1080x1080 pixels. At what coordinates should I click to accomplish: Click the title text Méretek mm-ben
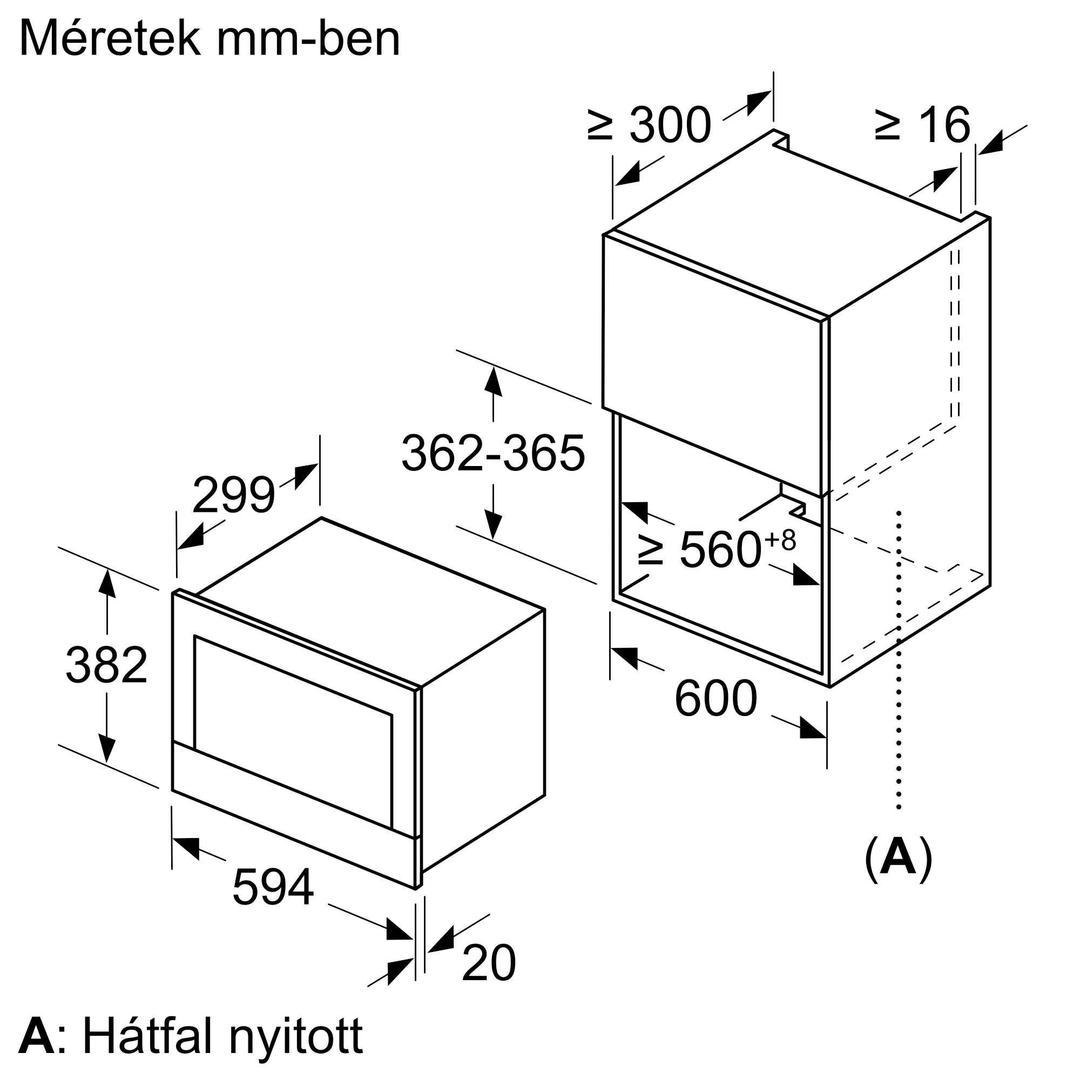(210, 39)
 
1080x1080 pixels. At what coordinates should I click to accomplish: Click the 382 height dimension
(106, 665)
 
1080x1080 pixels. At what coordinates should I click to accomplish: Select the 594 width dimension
(273, 887)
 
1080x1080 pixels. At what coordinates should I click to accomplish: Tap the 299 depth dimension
(234, 495)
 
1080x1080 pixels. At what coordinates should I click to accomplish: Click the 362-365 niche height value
(493, 453)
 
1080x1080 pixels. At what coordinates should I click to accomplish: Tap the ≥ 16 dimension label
(922, 125)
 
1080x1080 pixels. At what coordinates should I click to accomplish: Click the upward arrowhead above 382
(107, 583)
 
